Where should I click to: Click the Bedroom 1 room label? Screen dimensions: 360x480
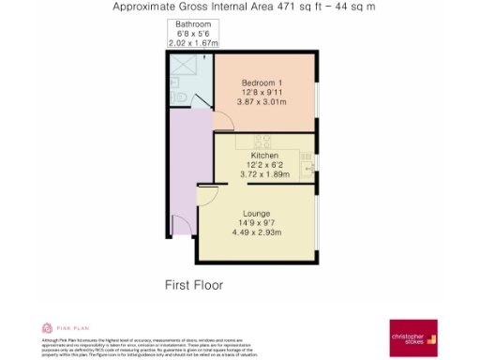[262, 82]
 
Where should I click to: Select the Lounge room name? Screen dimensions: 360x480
[256, 213]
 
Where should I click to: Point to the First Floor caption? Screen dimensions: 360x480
[193, 284]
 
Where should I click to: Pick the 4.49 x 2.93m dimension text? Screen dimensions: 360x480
[256, 233]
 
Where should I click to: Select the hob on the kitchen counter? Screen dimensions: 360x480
[262, 141]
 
